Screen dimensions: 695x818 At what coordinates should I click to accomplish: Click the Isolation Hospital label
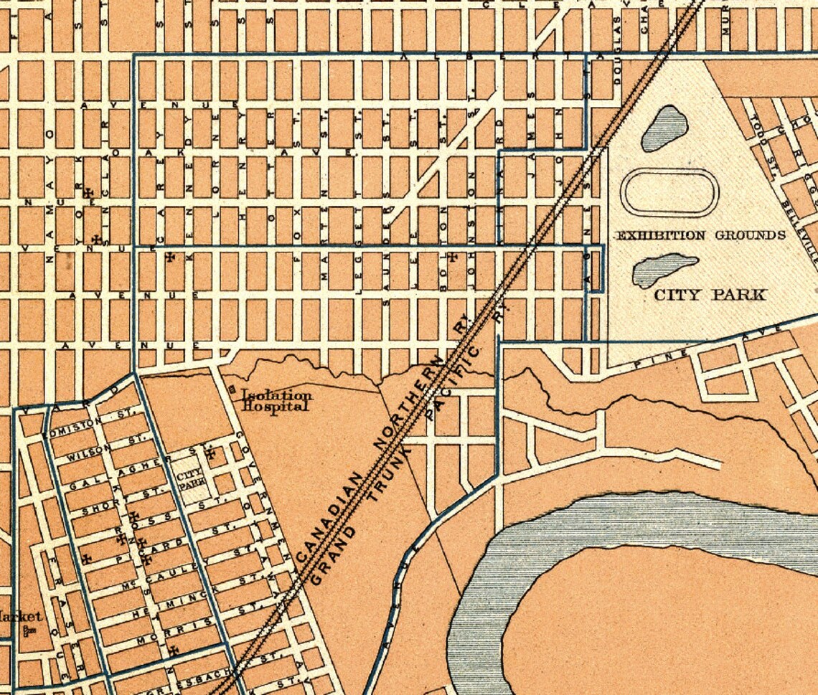(x=276, y=399)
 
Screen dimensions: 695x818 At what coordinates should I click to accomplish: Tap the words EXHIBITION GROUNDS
(x=701, y=235)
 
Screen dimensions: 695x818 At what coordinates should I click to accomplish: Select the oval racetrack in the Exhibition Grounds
(x=669, y=192)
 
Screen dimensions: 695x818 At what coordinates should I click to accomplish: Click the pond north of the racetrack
(x=664, y=128)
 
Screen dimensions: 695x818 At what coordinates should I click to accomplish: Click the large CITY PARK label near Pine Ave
(x=710, y=294)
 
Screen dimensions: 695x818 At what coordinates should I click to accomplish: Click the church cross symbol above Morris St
(x=174, y=651)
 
